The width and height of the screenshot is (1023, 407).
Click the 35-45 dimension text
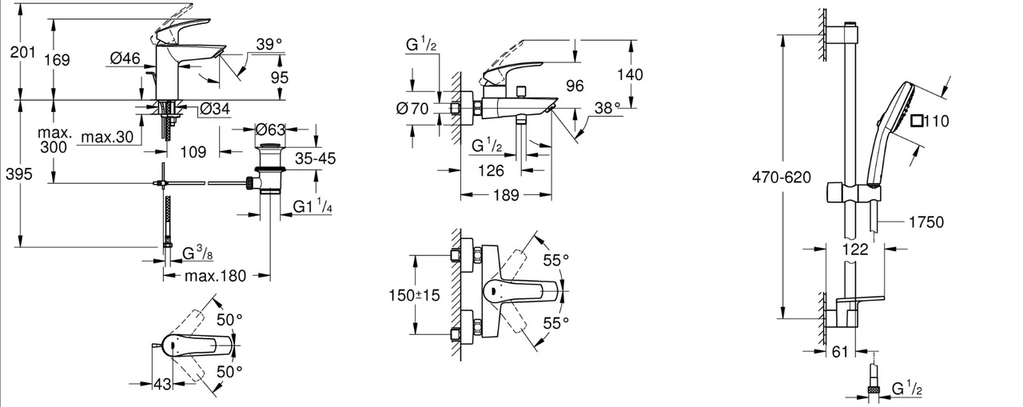[313, 158]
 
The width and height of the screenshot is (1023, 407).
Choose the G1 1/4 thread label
[312, 207]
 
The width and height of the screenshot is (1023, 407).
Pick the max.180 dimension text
[216, 276]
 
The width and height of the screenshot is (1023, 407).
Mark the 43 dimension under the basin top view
[162, 384]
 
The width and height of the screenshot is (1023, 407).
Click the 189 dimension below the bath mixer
[507, 194]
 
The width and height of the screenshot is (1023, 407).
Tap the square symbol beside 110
[918, 122]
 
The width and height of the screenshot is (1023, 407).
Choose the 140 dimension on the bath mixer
[630, 74]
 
